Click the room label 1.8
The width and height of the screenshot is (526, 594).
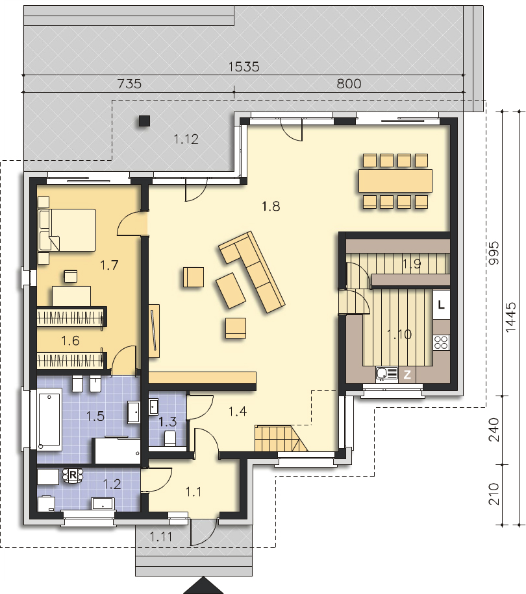coord(270,207)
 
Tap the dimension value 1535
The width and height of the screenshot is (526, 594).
coord(244,66)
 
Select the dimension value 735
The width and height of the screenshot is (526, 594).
coord(129,84)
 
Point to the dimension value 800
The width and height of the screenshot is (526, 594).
coord(349,84)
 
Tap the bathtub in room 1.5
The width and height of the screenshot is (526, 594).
coord(49,418)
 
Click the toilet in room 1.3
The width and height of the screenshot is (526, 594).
coord(170,438)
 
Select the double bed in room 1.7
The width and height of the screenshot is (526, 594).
coord(67,230)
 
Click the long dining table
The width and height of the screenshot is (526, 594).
coord(395,181)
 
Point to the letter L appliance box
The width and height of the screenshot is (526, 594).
coord(442,304)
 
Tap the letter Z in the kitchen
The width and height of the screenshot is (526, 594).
coord(408,374)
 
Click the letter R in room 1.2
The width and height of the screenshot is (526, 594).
coord(73,475)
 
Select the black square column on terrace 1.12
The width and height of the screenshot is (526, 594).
coord(144,120)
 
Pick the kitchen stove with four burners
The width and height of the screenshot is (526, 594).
coord(442,341)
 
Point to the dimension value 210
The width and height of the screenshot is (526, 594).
coord(494,495)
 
